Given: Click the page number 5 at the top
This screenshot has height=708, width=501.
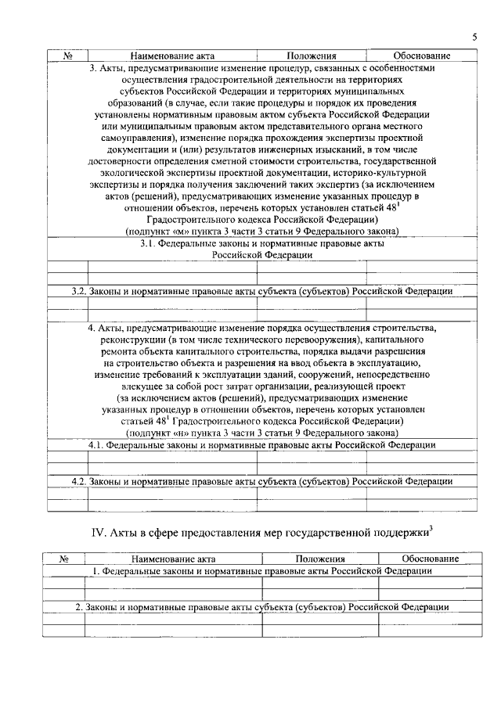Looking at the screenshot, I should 474,38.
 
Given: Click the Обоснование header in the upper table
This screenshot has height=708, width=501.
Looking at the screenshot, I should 422,56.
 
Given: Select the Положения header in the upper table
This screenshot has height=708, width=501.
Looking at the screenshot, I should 312,56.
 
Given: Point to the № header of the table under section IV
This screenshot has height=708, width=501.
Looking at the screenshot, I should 67,559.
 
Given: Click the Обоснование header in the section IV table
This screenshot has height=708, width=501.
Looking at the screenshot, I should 430,559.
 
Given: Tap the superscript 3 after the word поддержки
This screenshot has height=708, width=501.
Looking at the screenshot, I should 431,529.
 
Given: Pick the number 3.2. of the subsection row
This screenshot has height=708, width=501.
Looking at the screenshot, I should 78,290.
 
